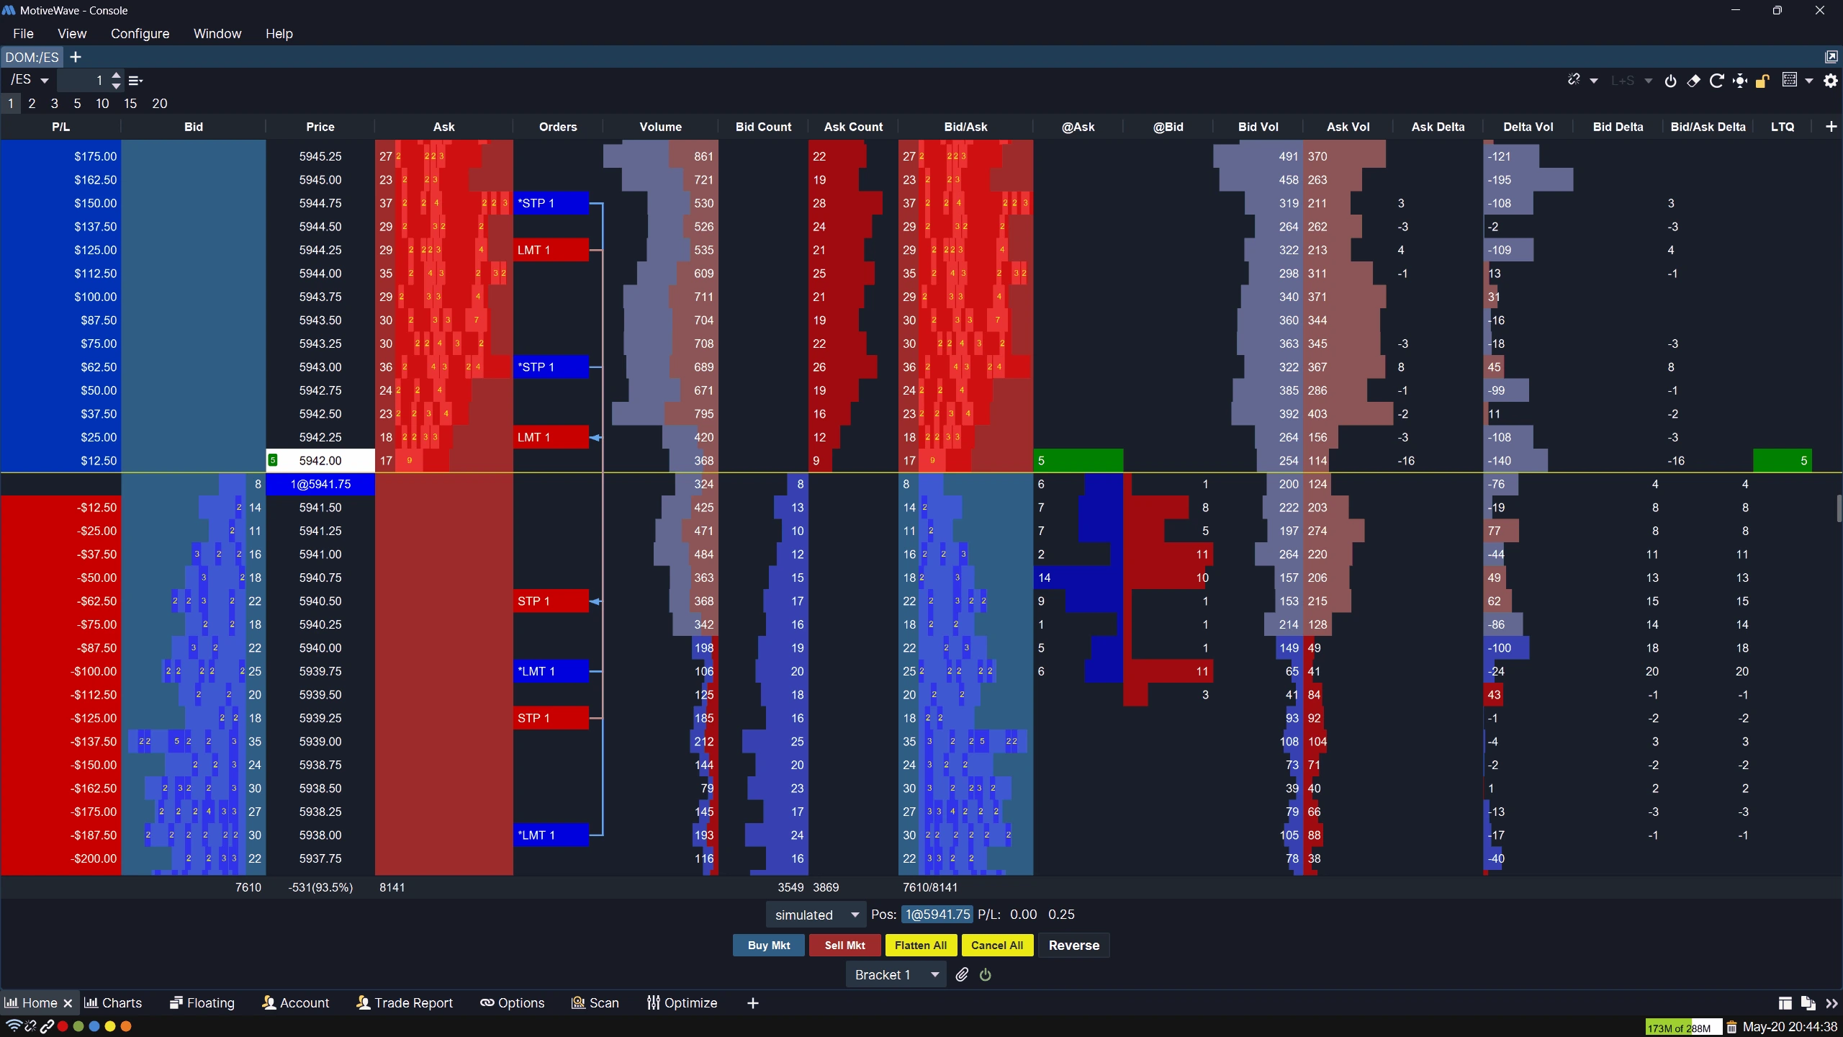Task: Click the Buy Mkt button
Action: (x=769, y=946)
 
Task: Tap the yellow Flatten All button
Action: (x=921, y=946)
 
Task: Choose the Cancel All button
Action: (x=997, y=946)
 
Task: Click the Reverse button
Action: (x=1073, y=946)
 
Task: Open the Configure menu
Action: (x=140, y=34)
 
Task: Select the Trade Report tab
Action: (x=405, y=1003)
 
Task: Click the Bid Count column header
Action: (x=763, y=127)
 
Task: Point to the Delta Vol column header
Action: (x=1528, y=127)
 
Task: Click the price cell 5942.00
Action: (x=320, y=461)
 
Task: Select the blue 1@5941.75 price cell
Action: (x=320, y=485)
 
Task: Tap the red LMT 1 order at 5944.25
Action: (x=551, y=250)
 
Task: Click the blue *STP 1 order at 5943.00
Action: (x=551, y=367)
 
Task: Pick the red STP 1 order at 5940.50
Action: (x=551, y=601)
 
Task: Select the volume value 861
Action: (x=703, y=156)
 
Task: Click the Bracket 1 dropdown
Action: (x=896, y=975)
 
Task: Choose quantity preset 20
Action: (x=160, y=104)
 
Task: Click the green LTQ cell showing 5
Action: (x=1782, y=461)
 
